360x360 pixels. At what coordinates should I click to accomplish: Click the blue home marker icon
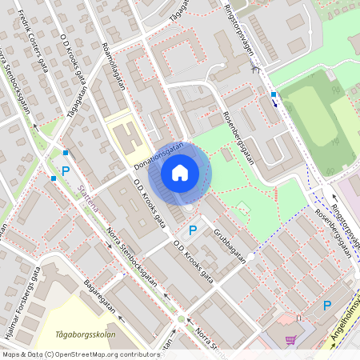click(x=180, y=172)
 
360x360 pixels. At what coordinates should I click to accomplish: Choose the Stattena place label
click(x=89, y=195)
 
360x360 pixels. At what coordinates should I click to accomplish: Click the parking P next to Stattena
click(x=66, y=171)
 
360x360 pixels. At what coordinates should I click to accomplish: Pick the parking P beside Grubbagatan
click(x=192, y=230)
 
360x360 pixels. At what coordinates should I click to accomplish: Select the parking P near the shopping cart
click(x=326, y=305)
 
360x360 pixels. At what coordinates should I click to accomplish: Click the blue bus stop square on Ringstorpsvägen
click(x=274, y=94)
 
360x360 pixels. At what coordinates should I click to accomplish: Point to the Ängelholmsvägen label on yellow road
click(x=345, y=316)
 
